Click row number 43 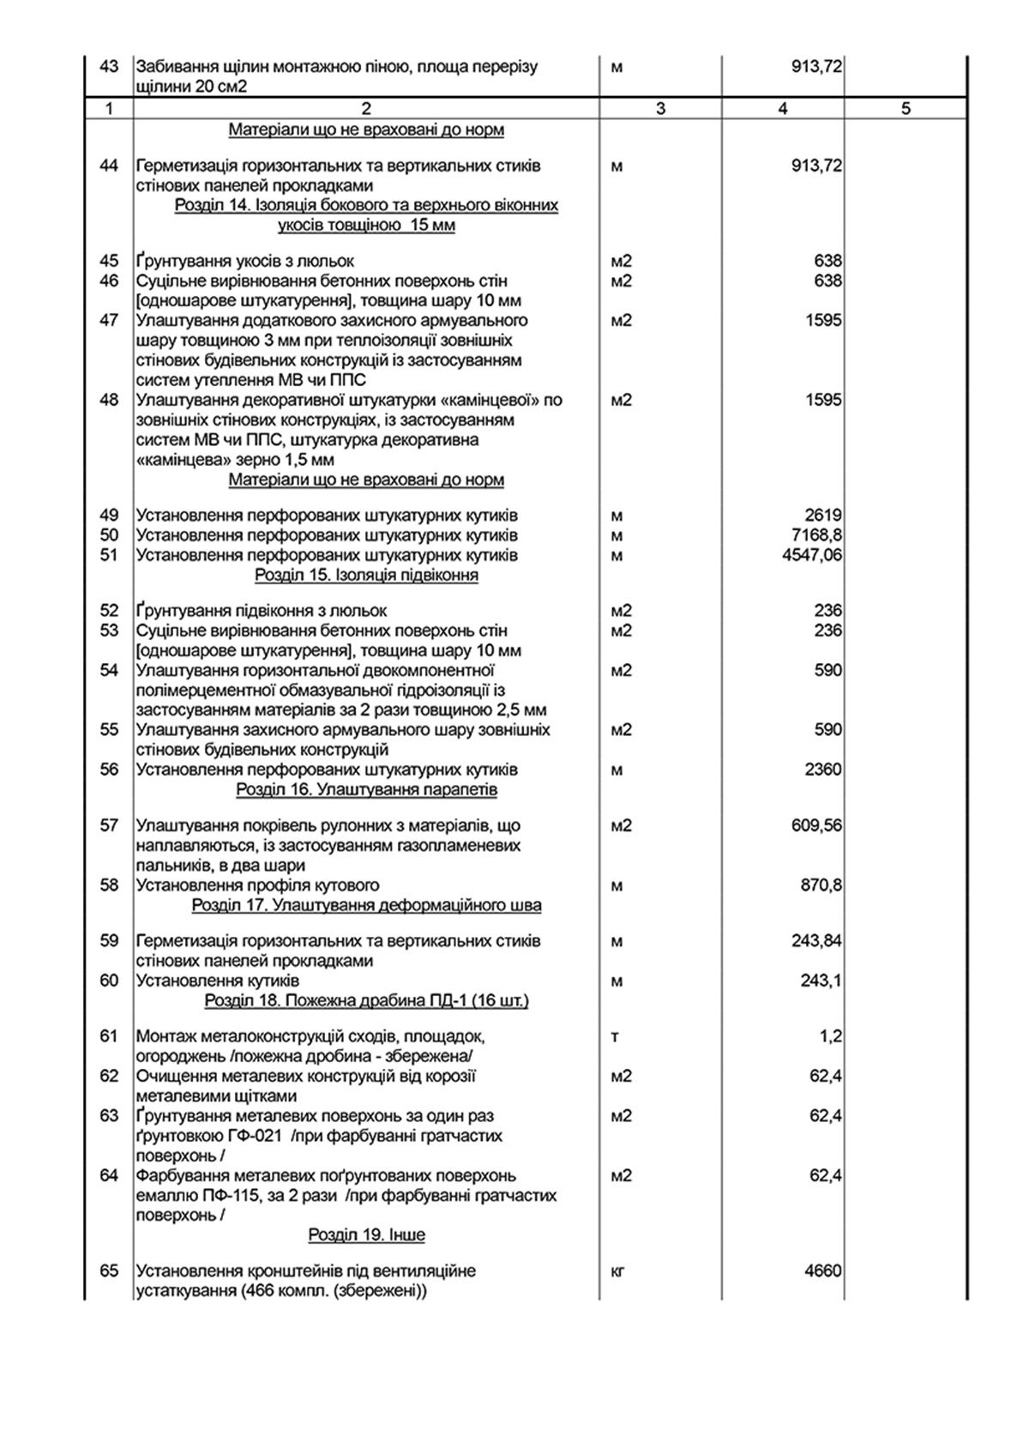coord(109,67)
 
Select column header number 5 coord(906,109)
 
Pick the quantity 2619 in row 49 coord(823,516)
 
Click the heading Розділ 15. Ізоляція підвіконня coord(366,575)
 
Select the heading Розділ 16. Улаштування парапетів coord(366,789)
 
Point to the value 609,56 coord(816,825)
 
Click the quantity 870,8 coord(821,885)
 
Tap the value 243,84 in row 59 coord(816,941)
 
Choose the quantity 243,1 coord(821,981)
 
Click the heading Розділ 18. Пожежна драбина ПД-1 coord(366,1001)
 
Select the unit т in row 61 coord(615,1036)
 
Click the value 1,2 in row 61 coord(830,1036)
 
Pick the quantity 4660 coord(823,1271)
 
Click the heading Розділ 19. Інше coord(366,1235)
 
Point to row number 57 coord(109,825)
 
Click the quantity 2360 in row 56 coord(823,770)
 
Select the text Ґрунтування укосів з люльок coord(244,261)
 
